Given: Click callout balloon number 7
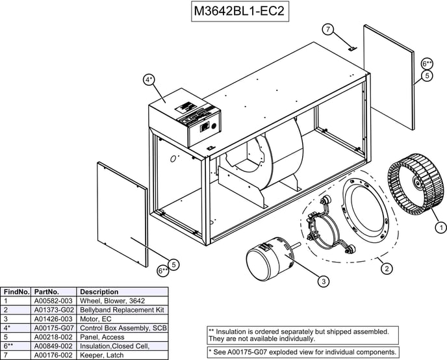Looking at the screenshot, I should (x=328, y=29).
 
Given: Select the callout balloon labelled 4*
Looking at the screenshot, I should (x=149, y=80).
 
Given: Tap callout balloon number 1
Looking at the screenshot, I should (x=440, y=227).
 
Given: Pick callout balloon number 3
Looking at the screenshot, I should (x=323, y=281).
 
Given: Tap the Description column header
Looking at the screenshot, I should (x=99, y=292).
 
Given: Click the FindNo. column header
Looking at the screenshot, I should (x=16, y=292).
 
